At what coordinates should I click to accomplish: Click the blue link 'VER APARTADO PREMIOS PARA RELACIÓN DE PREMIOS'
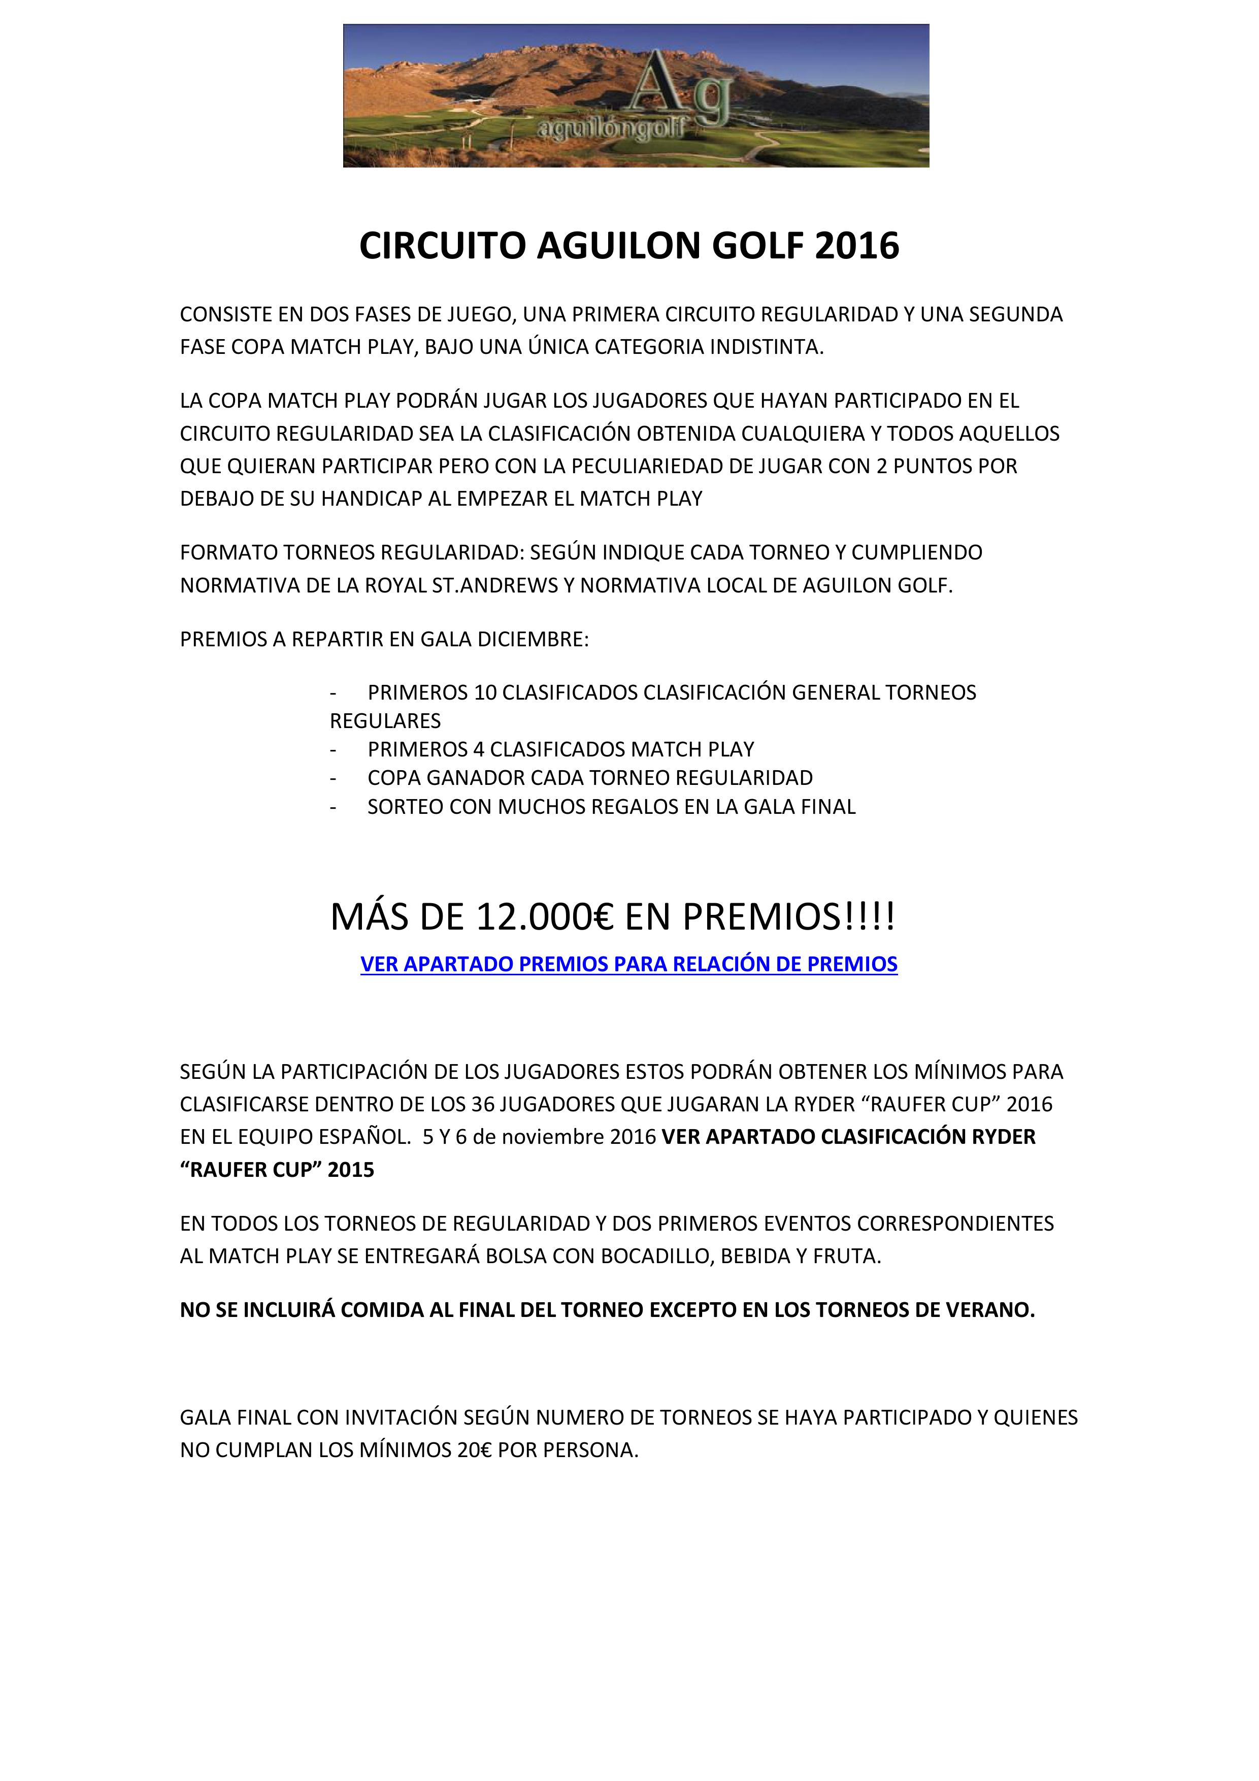pos(629,964)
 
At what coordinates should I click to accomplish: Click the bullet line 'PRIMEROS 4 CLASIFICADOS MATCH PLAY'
pos(560,749)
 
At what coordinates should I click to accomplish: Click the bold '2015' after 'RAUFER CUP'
pos(351,1170)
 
